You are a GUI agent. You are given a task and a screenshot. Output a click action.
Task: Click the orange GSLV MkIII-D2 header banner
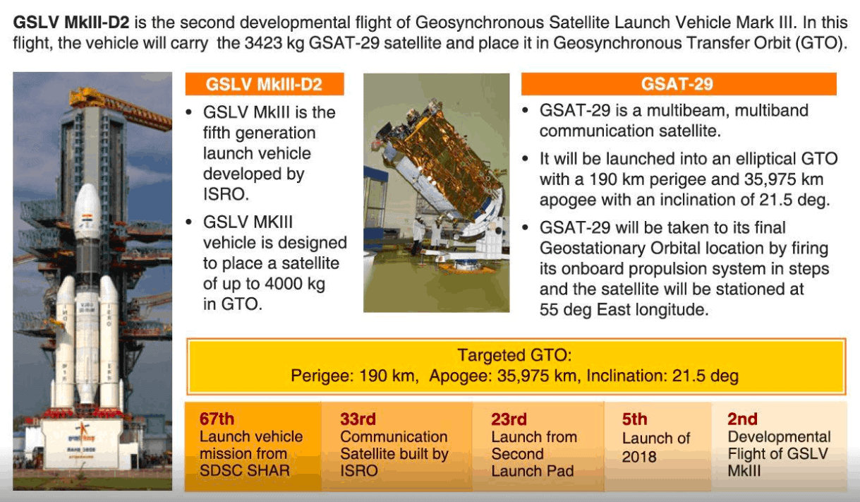coord(265,84)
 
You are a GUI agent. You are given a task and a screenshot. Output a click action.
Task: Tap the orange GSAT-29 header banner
coord(679,84)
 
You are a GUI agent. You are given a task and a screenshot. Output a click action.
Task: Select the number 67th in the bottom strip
coord(217,419)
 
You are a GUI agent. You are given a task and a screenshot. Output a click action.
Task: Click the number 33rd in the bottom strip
coord(358,419)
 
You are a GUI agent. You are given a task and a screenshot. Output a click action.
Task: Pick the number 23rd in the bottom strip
coord(509,419)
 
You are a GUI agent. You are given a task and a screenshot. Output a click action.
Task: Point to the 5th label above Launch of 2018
coord(635,419)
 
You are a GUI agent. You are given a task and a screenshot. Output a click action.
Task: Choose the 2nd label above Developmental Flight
coord(742,419)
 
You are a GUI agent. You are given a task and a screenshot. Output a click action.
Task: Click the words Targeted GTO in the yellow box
coord(514,355)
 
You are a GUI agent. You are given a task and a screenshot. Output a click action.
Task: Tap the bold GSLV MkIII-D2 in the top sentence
coord(71,23)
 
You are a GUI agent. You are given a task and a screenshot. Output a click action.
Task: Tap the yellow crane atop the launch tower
coord(120,107)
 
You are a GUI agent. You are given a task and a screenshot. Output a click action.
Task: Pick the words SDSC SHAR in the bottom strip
coord(245,470)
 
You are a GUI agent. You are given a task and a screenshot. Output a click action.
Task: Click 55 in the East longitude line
coord(549,309)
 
